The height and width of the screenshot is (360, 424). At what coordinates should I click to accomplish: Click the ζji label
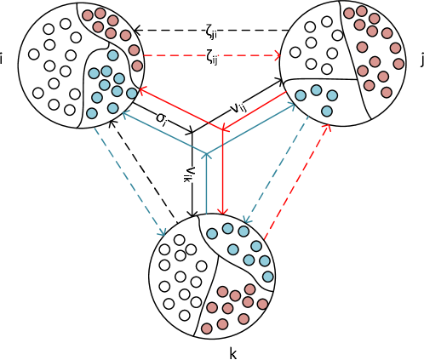click(x=211, y=31)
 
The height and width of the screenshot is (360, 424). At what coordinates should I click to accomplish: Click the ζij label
click(x=211, y=56)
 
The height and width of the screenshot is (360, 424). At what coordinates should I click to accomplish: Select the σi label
click(x=162, y=117)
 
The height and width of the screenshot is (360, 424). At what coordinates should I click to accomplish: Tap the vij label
click(x=238, y=106)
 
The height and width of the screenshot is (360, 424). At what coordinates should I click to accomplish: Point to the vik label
click(x=191, y=174)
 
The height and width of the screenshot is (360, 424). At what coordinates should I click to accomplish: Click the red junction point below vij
click(x=222, y=130)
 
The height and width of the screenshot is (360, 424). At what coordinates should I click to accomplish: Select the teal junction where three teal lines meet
click(x=206, y=154)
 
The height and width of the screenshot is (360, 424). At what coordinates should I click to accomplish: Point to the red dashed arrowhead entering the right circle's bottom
click(x=327, y=128)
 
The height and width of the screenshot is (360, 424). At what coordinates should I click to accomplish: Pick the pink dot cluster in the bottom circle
click(x=234, y=306)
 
